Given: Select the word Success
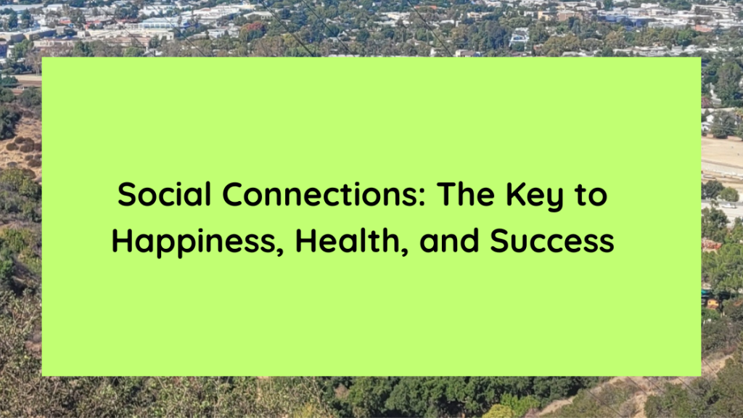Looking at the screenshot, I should pyautogui.click(x=552, y=241).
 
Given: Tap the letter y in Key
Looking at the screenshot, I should pyautogui.click(x=559, y=199).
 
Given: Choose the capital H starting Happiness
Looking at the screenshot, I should pyautogui.click(x=122, y=241).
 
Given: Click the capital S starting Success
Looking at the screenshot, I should pyautogui.click(x=500, y=241).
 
